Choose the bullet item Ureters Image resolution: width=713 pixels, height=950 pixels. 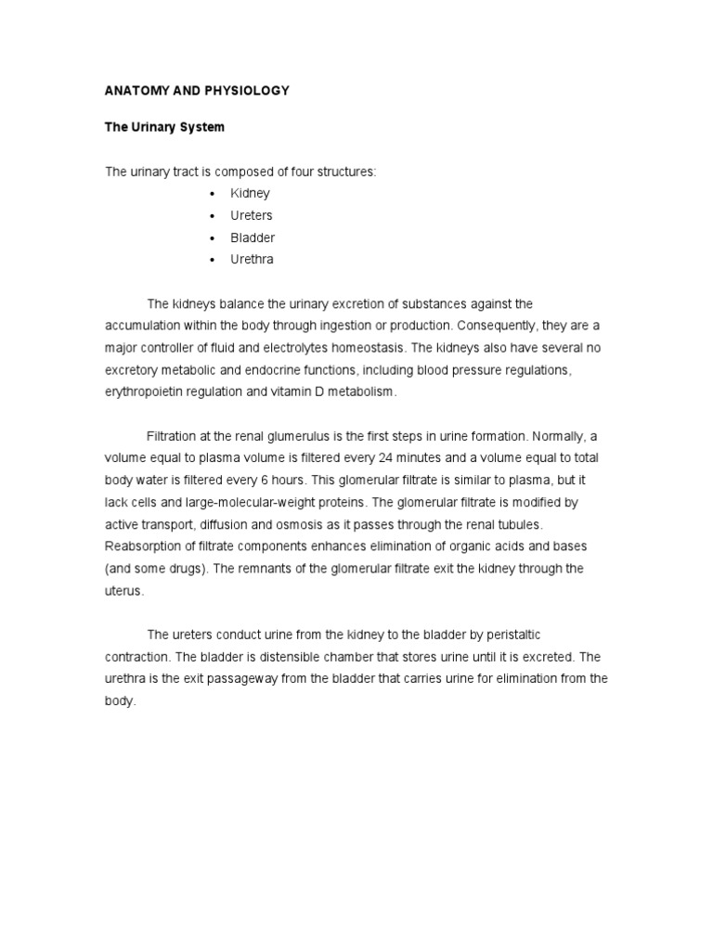(252, 216)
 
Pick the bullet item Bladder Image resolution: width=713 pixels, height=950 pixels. (253, 238)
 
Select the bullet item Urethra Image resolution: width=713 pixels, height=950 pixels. (252, 261)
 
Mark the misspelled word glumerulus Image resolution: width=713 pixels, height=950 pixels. (315, 436)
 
